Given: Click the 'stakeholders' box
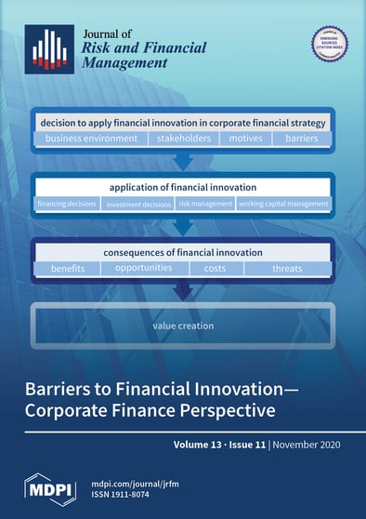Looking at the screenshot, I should pos(183,139).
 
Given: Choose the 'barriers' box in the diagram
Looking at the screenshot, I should pos(302,139).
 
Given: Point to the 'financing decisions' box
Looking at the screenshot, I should pos(68,203).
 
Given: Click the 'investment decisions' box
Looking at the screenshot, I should pos(137,203).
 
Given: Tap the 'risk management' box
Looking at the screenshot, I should pos(204,203).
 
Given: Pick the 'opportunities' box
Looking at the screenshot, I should pos(144,269).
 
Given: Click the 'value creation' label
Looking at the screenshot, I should pos(183,326).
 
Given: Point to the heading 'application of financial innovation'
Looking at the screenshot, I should pos(183,186).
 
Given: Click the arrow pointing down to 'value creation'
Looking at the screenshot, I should pos(183,292).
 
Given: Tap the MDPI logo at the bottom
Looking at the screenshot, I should pos(51,487).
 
